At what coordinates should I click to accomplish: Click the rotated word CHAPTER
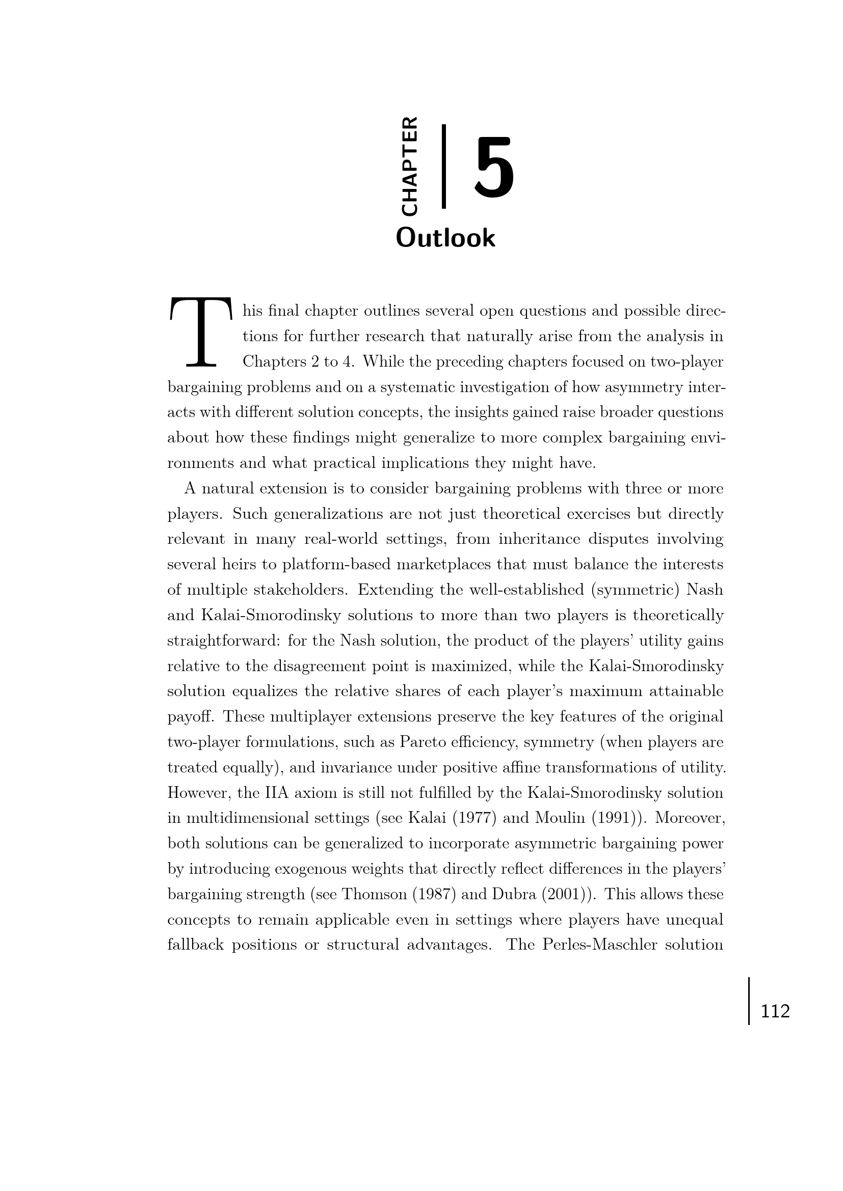coord(409,167)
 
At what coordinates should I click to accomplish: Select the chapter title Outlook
coord(445,238)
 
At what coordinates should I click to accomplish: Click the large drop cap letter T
coord(200,333)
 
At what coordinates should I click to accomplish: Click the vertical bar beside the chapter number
coord(444,167)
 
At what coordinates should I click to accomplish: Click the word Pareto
coord(424,742)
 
